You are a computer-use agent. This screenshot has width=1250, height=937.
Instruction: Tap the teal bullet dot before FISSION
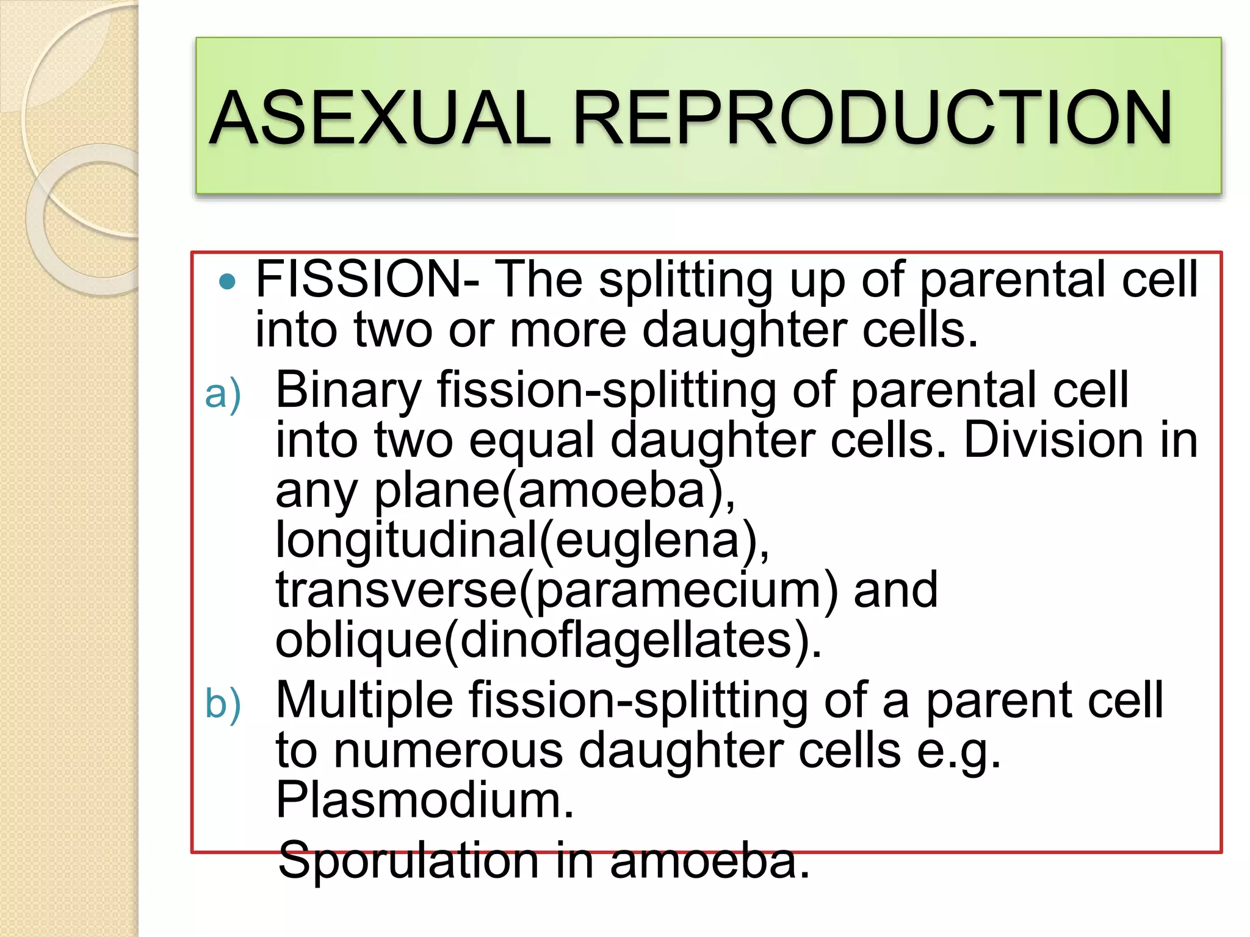226,281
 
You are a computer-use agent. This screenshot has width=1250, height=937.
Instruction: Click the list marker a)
223,395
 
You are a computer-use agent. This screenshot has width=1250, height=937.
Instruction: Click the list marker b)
223,703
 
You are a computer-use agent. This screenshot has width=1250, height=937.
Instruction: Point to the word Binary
348,390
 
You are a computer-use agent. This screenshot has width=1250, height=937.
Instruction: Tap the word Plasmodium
425,800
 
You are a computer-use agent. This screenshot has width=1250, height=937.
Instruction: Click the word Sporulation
408,860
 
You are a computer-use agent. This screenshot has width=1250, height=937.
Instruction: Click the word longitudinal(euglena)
522,540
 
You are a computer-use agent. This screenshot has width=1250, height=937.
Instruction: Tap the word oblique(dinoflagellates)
548,641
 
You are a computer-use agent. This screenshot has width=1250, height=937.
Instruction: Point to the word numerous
448,750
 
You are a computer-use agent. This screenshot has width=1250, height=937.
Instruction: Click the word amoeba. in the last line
709,860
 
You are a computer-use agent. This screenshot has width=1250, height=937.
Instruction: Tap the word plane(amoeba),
554,490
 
